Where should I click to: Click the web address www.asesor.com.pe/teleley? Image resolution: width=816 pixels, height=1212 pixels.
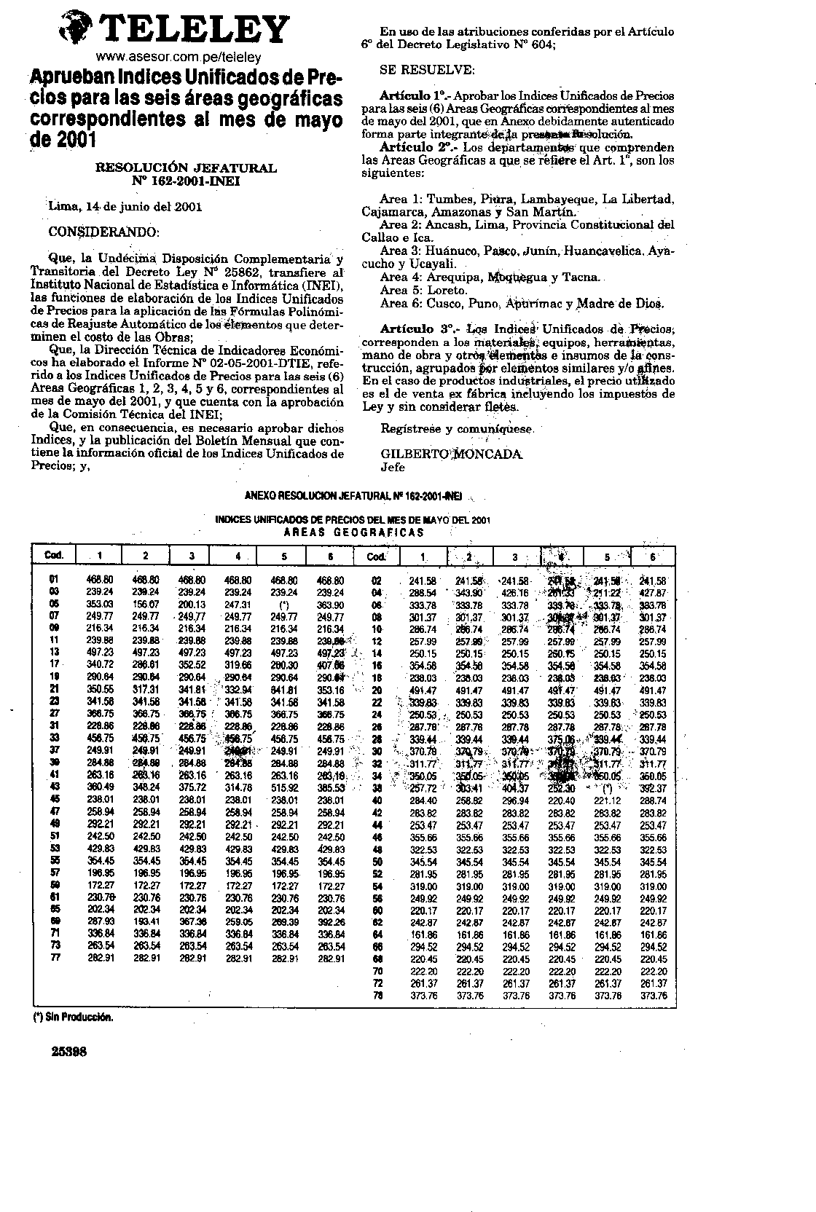click(178, 57)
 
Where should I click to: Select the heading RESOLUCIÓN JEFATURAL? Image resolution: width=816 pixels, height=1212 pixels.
click(187, 168)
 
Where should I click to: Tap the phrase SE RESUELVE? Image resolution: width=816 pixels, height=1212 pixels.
click(427, 70)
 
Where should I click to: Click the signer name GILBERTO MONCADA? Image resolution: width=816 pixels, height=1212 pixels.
click(452, 454)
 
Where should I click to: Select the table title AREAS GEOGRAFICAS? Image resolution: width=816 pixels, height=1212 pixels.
click(353, 532)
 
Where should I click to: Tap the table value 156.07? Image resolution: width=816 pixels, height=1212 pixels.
click(146, 605)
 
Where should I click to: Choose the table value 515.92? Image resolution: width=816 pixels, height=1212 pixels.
click(284, 788)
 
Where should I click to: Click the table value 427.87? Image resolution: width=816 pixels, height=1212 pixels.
click(652, 593)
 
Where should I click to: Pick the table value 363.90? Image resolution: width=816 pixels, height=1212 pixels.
click(330, 605)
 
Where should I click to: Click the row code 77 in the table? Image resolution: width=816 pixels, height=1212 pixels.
click(54, 959)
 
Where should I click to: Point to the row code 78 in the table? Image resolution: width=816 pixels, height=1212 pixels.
click(377, 996)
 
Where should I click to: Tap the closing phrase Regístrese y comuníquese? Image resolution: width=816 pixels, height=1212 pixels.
click(458, 429)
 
